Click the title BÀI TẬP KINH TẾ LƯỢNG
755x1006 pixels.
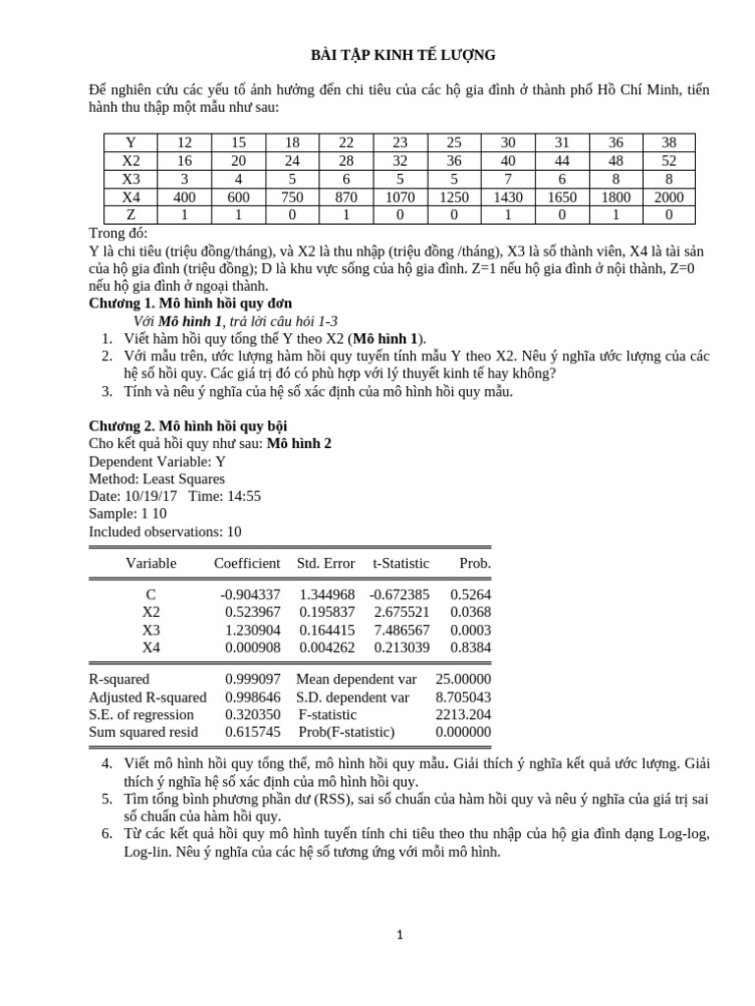[x=403, y=55]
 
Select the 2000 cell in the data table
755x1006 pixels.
[x=668, y=196]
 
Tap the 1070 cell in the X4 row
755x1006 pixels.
[x=400, y=196]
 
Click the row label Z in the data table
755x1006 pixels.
[x=131, y=214]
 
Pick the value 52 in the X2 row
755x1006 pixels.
[x=668, y=160]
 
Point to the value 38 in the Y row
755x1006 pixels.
[x=668, y=142]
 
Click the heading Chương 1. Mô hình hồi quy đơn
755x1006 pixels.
[x=190, y=304]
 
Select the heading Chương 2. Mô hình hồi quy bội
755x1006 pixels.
[x=187, y=425]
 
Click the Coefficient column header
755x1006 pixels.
[x=247, y=563]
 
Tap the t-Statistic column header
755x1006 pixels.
[x=400, y=563]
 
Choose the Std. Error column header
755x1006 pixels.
[x=325, y=563]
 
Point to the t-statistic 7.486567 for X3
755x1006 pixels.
[x=401, y=630]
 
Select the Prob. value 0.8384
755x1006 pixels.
[x=470, y=647]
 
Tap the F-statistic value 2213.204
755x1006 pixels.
[x=463, y=714]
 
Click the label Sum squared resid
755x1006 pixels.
[x=143, y=732]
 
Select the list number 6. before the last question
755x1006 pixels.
[x=107, y=833]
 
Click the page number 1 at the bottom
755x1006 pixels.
[x=399, y=934]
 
